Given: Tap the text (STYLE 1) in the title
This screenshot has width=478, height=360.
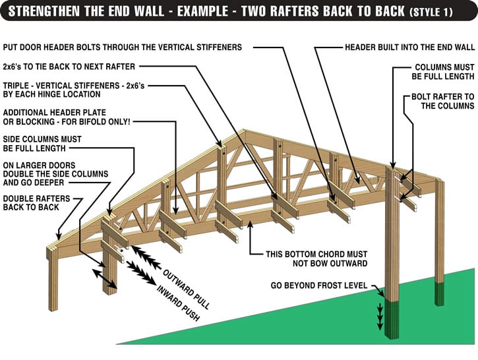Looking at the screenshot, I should point(438,13).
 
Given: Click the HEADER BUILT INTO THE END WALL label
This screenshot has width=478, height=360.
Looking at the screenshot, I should point(409,47).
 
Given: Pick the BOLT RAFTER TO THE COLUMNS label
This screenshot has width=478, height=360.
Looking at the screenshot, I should point(438,101).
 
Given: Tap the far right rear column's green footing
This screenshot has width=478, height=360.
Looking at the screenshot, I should point(440,291).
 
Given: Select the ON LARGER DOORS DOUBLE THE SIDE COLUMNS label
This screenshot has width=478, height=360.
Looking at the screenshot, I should point(49,173).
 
